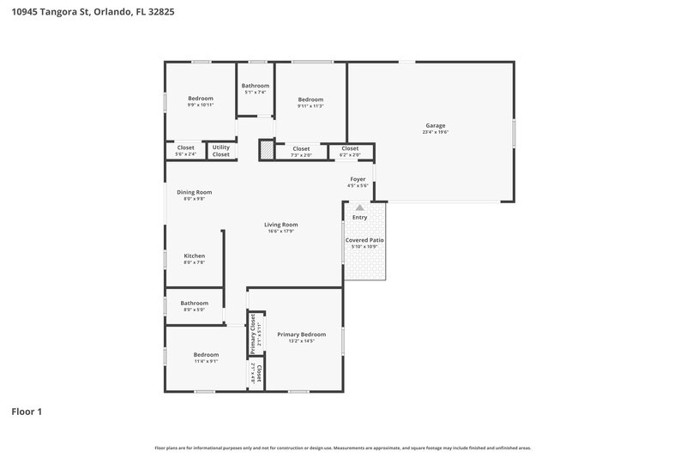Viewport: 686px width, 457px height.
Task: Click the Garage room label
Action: pos(435,125)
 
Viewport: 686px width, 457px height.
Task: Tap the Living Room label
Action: pos(280,225)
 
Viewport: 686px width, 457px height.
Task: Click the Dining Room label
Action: pos(194,192)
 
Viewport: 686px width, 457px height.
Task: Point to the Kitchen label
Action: pos(194,256)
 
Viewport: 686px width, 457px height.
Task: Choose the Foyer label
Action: pos(358,179)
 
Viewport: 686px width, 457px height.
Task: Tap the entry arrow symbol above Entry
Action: pos(359,207)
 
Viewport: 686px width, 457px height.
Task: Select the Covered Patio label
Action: pos(364,240)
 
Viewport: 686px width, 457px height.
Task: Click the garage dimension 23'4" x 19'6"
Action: pos(435,132)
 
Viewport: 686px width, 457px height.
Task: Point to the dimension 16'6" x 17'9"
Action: pos(280,232)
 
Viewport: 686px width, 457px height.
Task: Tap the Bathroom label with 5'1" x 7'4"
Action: pos(255,86)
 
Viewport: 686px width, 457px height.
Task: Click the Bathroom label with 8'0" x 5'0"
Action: pos(194,303)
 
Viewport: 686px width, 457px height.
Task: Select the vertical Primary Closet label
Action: pos(253,334)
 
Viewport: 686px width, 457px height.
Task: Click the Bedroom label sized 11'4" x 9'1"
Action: pos(206,354)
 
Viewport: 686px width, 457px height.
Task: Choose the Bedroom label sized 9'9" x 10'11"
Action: pos(201,98)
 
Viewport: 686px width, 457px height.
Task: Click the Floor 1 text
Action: pos(27,412)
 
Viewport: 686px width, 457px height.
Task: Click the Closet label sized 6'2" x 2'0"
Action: pos(350,148)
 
